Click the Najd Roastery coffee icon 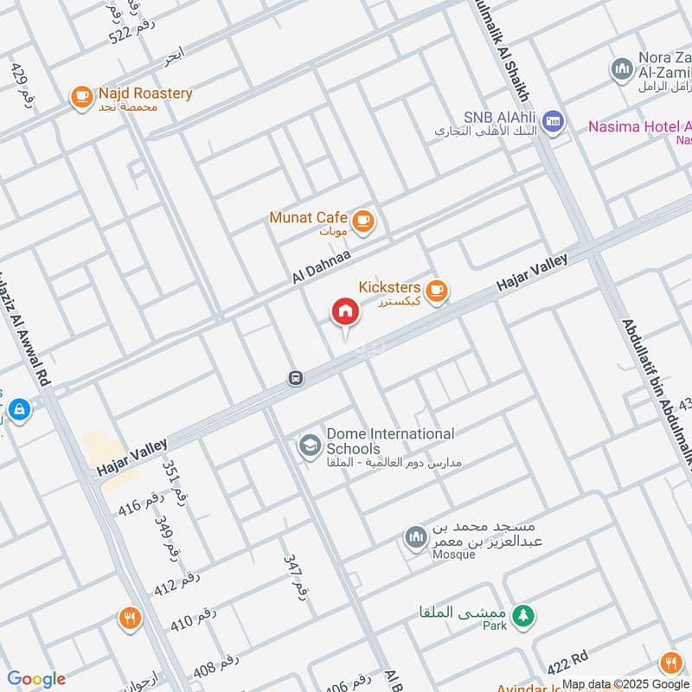tap(82, 97)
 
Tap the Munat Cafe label tap(308, 218)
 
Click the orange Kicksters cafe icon tap(437, 291)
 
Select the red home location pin tap(345, 313)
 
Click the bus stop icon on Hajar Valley tap(296, 378)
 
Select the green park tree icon tap(522, 616)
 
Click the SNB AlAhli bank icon tap(554, 122)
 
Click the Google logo tap(36, 679)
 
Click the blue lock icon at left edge tap(18, 408)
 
